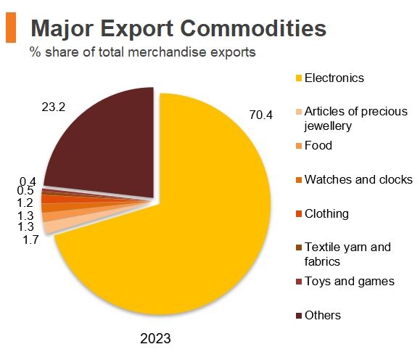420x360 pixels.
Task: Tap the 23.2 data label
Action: click(x=54, y=107)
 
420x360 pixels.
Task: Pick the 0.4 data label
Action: click(x=28, y=181)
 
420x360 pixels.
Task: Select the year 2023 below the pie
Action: click(x=155, y=338)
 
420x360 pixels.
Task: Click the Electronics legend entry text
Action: click(x=334, y=78)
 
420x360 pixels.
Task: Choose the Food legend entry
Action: click(x=318, y=145)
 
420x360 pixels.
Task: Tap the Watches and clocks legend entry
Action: click(x=358, y=179)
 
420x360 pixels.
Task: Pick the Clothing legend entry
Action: click(x=326, y=213)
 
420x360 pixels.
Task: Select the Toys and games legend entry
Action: click(x=350, y=281)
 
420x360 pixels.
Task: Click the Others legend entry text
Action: click(x=323, y=315)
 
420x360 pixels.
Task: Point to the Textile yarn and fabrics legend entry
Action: click(x=347, y=254)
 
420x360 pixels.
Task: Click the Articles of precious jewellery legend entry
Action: click(x=355, y=118)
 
